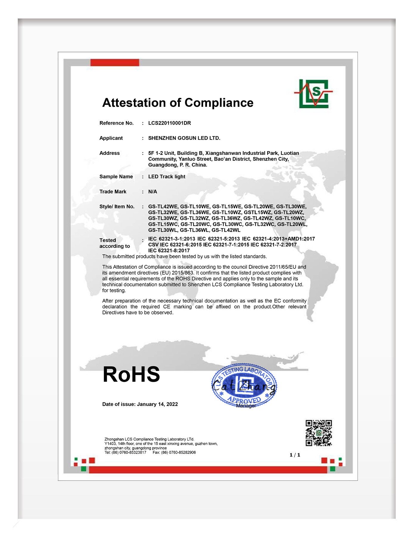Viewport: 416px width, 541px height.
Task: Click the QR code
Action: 318,433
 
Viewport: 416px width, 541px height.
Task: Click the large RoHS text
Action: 131,374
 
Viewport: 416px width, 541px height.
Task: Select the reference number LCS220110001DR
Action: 169,123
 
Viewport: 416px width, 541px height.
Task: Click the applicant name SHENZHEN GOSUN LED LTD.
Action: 184,138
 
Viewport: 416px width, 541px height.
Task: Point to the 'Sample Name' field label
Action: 116,177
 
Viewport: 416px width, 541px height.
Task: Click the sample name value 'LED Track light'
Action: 167,177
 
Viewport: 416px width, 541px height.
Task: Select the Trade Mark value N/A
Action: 152,191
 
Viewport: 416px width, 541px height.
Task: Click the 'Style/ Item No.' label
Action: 117,206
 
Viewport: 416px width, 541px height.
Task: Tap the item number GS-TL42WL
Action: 226,230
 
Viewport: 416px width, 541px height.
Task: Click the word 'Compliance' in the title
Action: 219,103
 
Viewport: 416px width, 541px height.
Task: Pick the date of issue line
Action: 140,404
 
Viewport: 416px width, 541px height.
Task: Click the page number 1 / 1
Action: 295,455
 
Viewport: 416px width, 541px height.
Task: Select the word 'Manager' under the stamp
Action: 246,406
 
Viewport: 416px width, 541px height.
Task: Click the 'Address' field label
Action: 109,153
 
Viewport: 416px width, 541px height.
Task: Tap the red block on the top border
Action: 115,62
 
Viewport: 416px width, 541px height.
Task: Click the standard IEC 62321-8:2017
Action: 169,251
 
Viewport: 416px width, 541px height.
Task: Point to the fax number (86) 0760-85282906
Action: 178,452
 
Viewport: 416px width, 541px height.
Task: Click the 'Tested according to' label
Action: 115,243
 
